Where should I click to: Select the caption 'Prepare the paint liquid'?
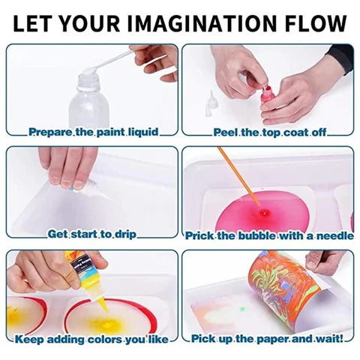pyautogui.click(x=93, y=132)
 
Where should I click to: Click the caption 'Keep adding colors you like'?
pyautogui.click(x=92, y=338)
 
